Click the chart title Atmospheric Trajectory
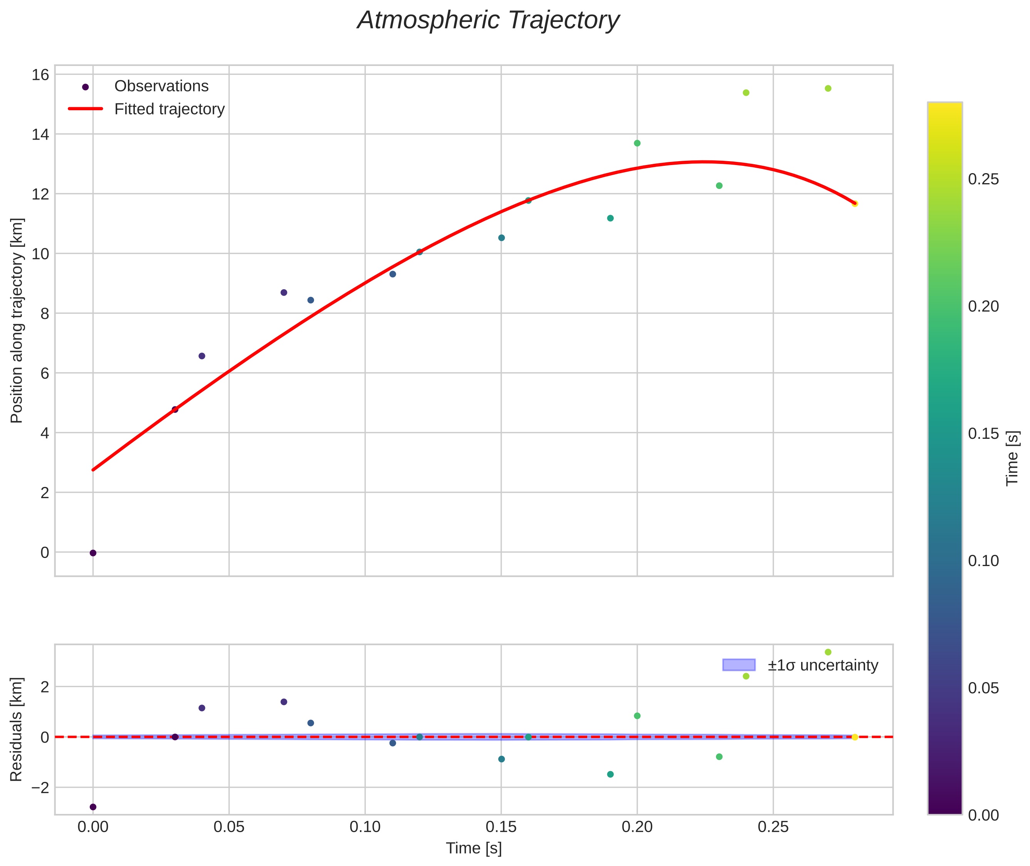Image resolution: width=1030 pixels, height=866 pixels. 488,20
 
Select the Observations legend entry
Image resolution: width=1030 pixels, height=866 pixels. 161,86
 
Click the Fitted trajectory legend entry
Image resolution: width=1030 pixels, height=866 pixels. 169,109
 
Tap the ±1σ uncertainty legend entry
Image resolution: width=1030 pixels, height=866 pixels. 822,665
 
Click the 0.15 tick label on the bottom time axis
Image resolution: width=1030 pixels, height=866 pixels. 501,827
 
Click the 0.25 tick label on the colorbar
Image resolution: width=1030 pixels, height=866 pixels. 983,179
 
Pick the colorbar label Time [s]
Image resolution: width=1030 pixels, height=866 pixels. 1012,458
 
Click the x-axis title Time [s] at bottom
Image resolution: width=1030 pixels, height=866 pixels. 474,848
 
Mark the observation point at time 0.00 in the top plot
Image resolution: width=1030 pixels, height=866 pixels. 93,553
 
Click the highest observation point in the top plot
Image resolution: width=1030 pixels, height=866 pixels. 828,88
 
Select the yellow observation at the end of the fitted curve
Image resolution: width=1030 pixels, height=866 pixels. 855,204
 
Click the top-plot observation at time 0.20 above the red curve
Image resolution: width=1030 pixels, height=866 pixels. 637,143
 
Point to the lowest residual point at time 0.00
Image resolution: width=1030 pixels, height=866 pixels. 93,807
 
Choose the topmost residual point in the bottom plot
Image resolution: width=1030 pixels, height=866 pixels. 828,652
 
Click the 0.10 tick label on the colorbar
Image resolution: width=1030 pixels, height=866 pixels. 983,561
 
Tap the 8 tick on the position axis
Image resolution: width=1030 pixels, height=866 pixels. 44,313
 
